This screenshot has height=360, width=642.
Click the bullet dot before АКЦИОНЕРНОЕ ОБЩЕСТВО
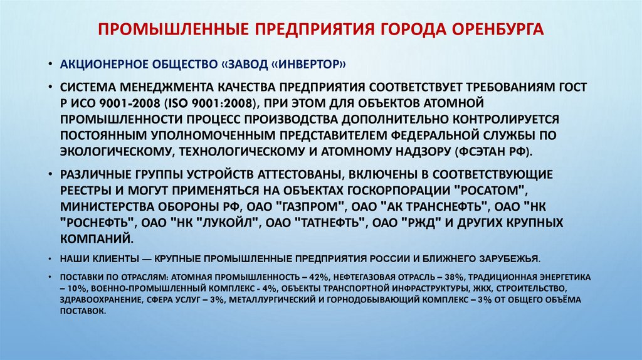click(x=51, y=65)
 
